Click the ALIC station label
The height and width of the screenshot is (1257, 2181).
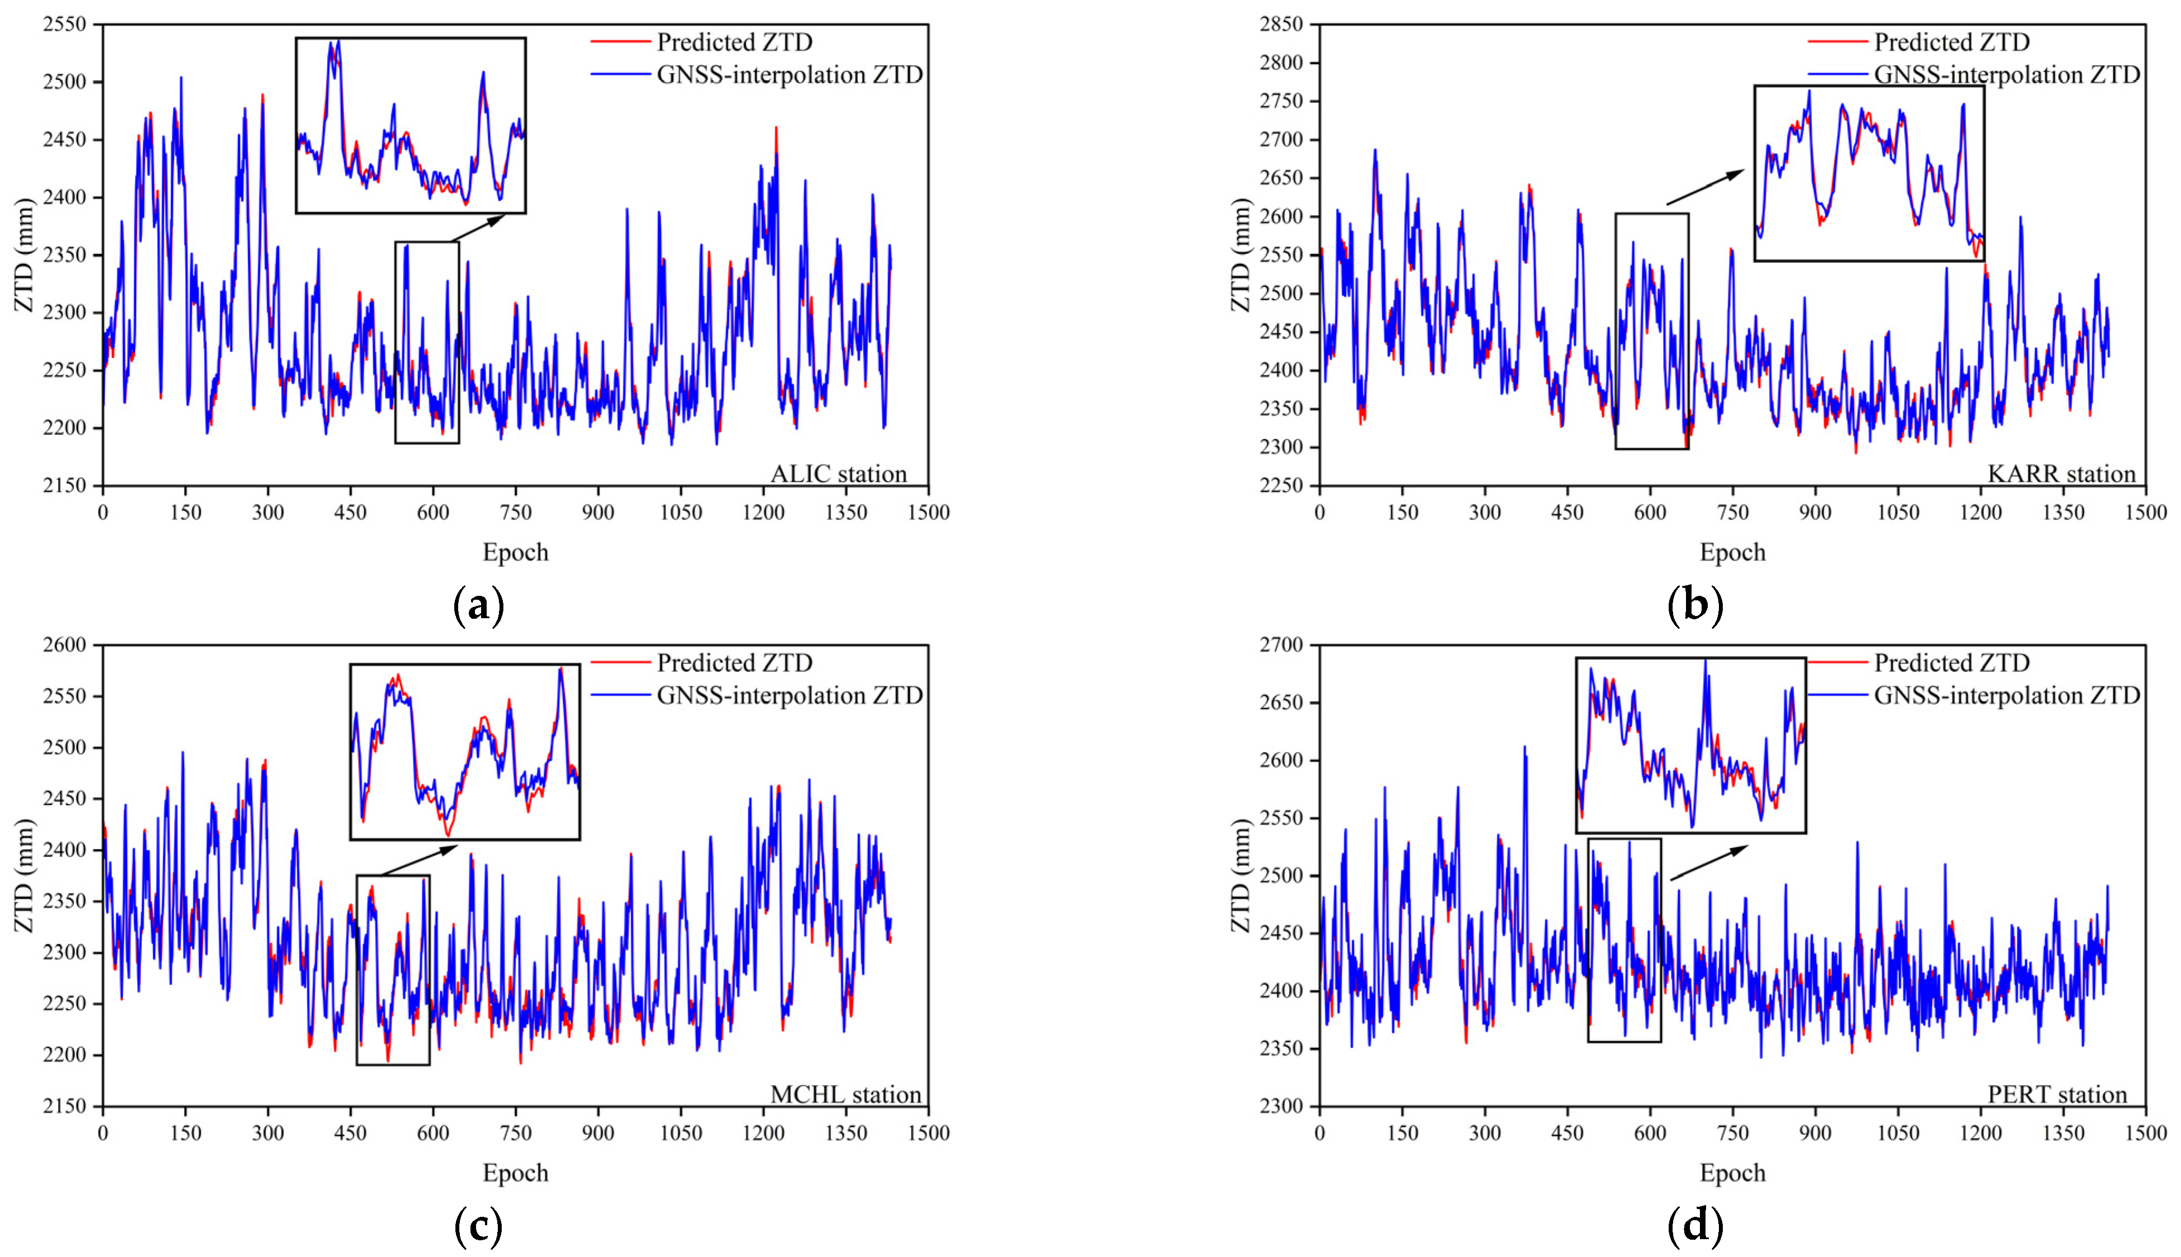click(x=838, y=474)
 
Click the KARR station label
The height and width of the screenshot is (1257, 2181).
click(x=2060, y=474)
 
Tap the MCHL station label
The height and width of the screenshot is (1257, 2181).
click(x=846, y=1095)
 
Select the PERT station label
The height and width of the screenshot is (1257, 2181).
click(x=2057, y=1095)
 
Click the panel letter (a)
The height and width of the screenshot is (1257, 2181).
click(x=478, y=606)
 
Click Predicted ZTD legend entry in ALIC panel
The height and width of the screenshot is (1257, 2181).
click(x=734, y=41)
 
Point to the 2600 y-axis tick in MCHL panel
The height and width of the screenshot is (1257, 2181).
click(x=66, y=645)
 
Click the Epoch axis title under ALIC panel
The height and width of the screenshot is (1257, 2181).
click(x=516, y=552)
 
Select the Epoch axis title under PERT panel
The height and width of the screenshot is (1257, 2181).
click(x=1732, y=1173)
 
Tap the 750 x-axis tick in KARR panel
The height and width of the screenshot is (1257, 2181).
click(x=1732, y=513)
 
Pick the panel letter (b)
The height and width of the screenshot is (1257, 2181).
click(x=1695, y=606)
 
